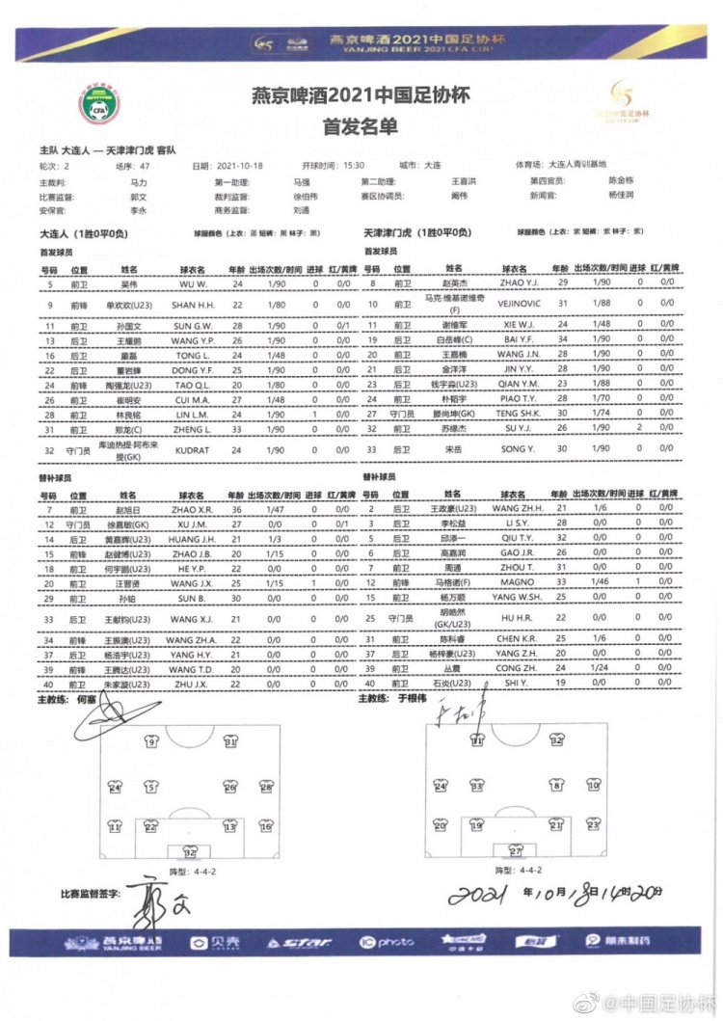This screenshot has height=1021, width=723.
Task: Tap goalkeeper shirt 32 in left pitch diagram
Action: [190, 852]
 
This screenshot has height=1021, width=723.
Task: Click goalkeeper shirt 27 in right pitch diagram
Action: [516, 852]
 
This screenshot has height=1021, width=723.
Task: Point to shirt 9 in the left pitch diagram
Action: [150, 742]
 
